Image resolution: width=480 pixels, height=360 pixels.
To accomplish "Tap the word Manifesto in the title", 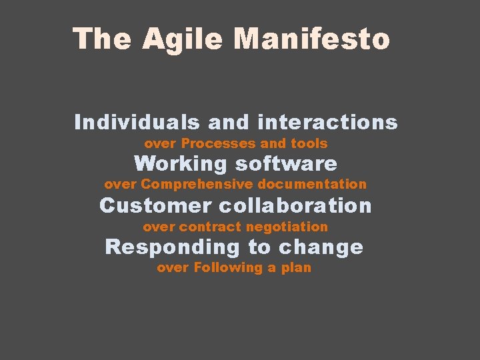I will pos(311,39).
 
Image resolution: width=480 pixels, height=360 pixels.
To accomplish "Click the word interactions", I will pos(327,123).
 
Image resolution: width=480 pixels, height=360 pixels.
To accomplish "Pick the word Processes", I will pos(218,143).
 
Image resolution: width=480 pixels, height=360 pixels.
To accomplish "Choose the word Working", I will pos(180,164).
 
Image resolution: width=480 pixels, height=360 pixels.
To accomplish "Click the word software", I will pos(286,164).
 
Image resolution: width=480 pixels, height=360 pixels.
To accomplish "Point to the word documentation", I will pos(312,184).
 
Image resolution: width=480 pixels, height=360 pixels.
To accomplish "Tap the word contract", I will pos(209,227).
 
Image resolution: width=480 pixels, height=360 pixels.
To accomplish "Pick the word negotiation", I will pos(287,227).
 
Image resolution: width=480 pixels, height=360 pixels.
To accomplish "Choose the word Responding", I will pos(172,247).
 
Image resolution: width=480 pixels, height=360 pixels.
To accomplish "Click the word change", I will pos(321,247).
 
